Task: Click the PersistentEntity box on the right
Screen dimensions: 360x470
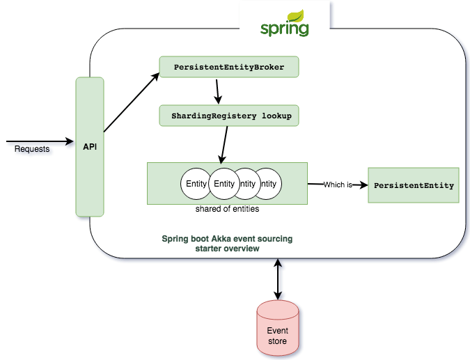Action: pos(413,185)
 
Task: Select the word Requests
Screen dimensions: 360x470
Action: pos(32,149)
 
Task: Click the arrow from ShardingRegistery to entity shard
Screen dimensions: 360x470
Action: pos(224,144)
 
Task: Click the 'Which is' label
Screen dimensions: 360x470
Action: pos(338,185)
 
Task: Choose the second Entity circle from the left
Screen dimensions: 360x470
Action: pos(224,184)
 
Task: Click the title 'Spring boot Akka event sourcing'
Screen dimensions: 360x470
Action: pos(227,238)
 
